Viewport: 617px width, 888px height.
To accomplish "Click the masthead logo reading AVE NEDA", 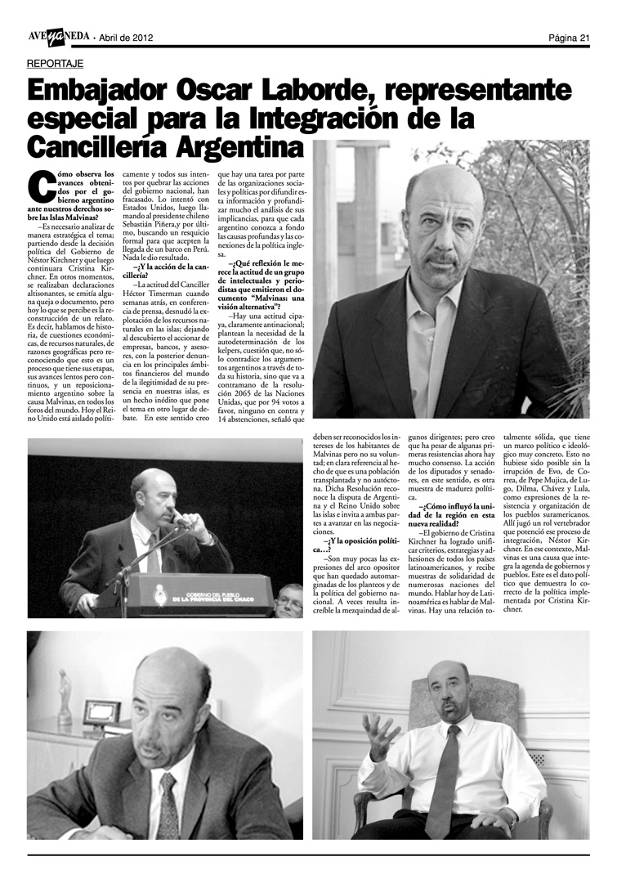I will coord(56,36).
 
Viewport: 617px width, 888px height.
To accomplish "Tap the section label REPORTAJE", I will coord(55,63).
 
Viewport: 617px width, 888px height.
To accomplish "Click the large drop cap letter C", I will coord(40,187).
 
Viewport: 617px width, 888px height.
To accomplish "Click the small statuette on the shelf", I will coord(65,687).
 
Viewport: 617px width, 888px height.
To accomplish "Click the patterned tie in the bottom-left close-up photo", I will coord(169,805).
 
